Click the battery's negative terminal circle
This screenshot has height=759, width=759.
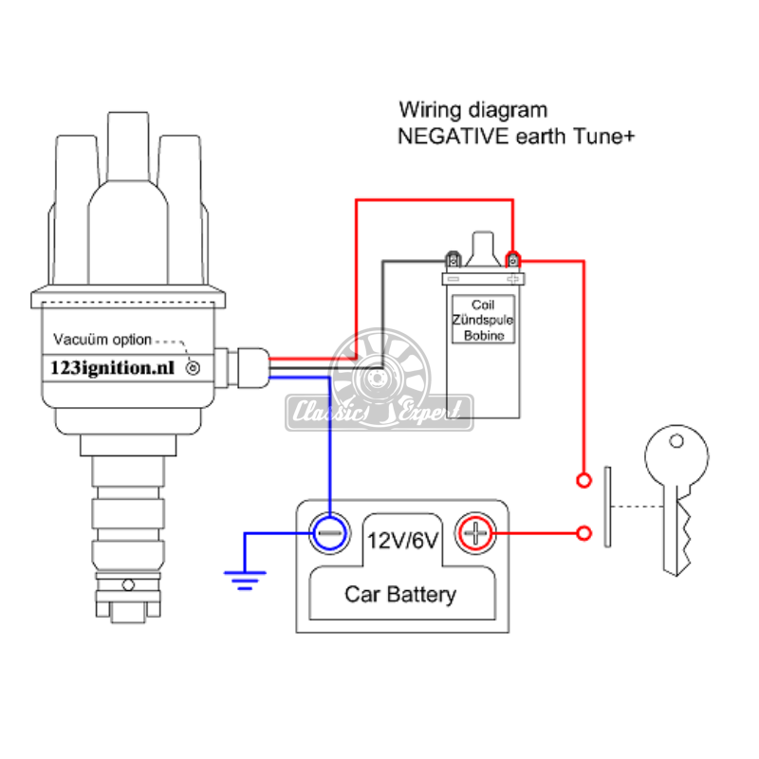click(329, 533)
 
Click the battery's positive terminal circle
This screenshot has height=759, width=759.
click(476, 533)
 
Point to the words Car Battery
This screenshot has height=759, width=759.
click(399, 595)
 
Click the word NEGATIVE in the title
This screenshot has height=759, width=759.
click(446, 136)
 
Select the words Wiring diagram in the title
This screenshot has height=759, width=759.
click(472, 110)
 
